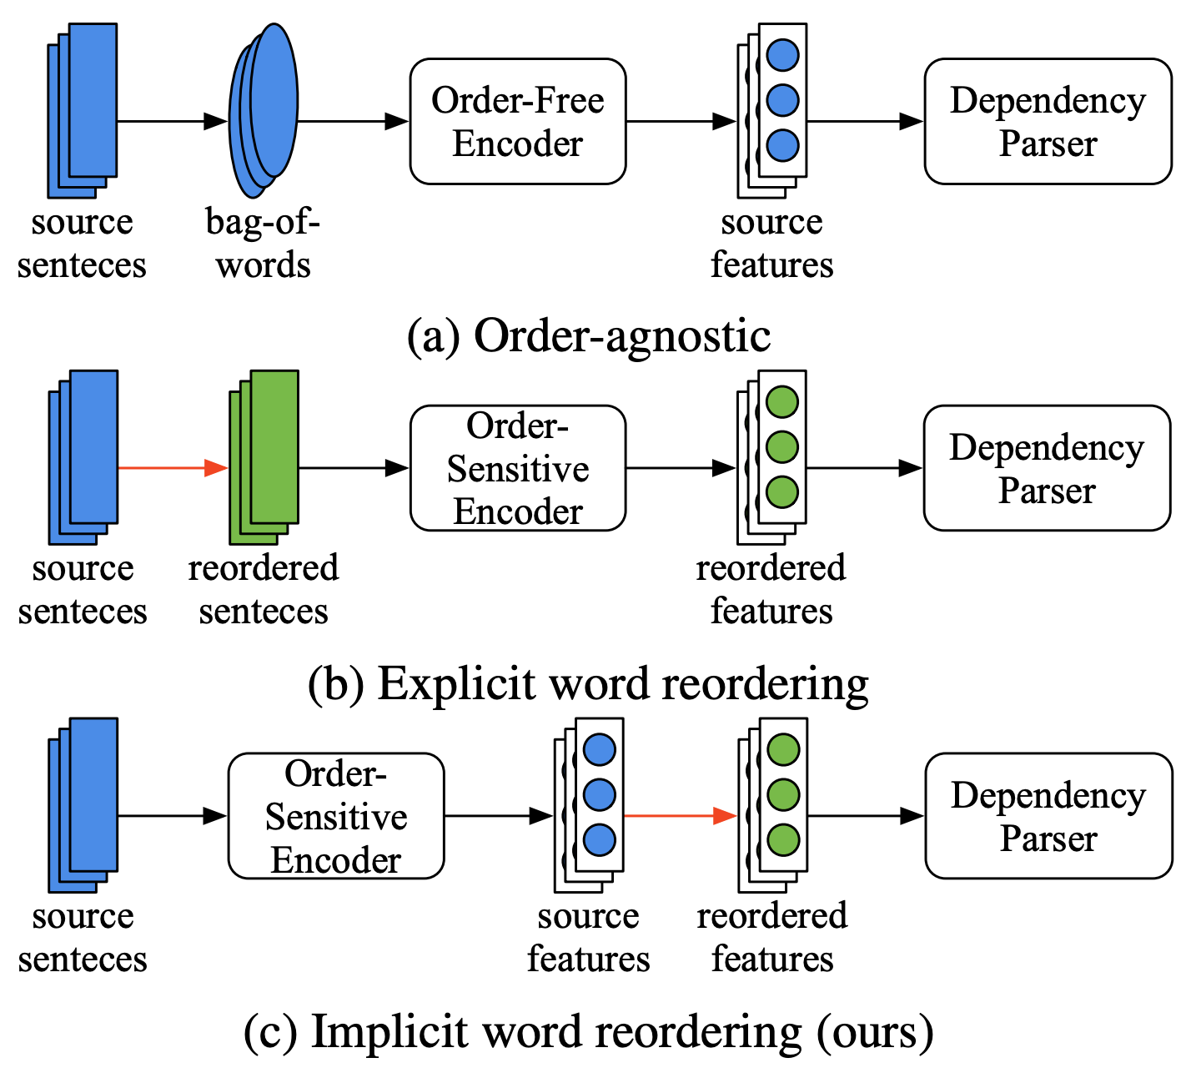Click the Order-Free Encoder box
click(x=517, y=122)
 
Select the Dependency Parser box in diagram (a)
click(x=1048, y=122)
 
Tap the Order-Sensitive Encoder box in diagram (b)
click(x=517, y=468)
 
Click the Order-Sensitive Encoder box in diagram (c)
click(x=335, y=816)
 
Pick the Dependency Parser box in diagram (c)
click(x=1048, y=816)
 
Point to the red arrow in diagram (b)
click(x=172, y=468)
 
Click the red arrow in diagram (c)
click(x=680, y=816)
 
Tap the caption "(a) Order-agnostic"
click(x=589, y=336)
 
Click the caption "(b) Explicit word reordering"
click(x=589, y=684)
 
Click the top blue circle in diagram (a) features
click(x=782, y=56)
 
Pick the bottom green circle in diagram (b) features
click(x=782, y=491)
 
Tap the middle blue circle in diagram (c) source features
click(x=599, y=794)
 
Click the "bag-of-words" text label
click(x=263, y=244)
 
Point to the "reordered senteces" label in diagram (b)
click(x=263, y=590)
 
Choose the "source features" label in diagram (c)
click(x=588, y=938)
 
